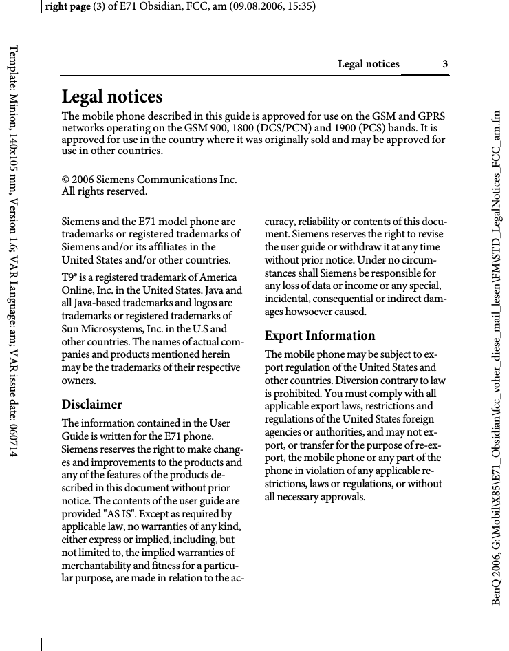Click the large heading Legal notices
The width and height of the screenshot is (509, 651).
(x=112, y=97)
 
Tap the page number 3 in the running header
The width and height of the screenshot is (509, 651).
(x=445, y=65)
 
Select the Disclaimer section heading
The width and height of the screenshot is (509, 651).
(x=92, y=404)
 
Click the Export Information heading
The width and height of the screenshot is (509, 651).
(x=320, y=336)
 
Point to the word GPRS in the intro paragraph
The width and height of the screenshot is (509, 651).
(x=431, y=116)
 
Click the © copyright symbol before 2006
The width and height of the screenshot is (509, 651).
(x=66, y=180)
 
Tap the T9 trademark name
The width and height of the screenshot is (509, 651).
(x=68, y=277)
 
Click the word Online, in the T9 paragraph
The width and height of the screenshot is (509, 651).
(x=79, y=290)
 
